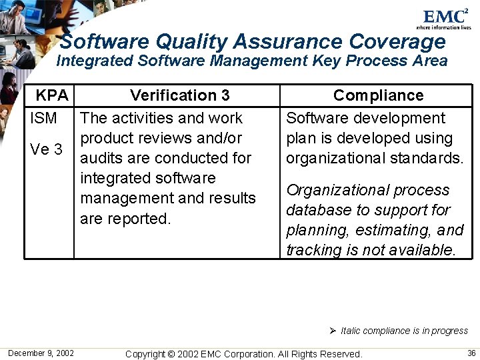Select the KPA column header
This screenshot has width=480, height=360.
point(52,95)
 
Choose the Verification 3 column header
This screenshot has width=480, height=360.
point(180,95)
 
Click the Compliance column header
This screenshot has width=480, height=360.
point(378,95)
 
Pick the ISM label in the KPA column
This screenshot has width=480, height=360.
point(44,119)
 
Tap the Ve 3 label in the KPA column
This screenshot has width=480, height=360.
point(46,149)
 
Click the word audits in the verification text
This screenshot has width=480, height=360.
point(100,159)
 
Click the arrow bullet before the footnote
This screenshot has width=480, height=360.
point(333,331)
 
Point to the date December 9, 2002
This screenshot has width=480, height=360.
point(41,353)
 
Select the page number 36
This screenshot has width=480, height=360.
point(471,353)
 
